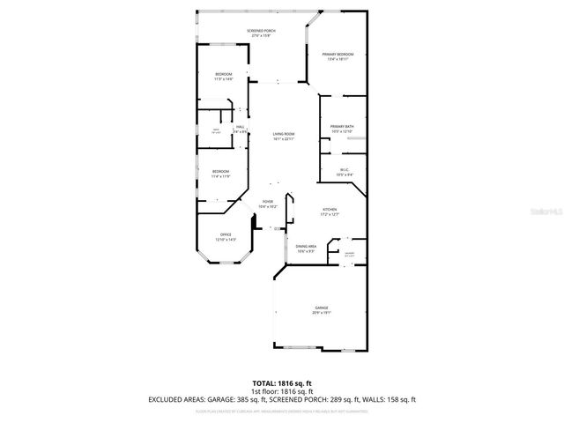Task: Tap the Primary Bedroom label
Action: click(x=338, y=56)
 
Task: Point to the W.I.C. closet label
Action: click(x=345, y=172)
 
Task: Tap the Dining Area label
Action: click(x=306, y=249)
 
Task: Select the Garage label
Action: click(x=321, y=310)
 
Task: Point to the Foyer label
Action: click(x=268, y=204)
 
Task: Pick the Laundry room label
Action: click(x=349, y=254)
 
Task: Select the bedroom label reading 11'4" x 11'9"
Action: click(x=220, y=174)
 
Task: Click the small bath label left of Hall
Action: click(x=215, y=131)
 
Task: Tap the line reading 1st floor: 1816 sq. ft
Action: click(x=282, y=392)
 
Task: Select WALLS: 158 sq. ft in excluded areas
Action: click(x=390, y=400)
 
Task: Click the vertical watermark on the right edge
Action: click(x=557, y=211)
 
